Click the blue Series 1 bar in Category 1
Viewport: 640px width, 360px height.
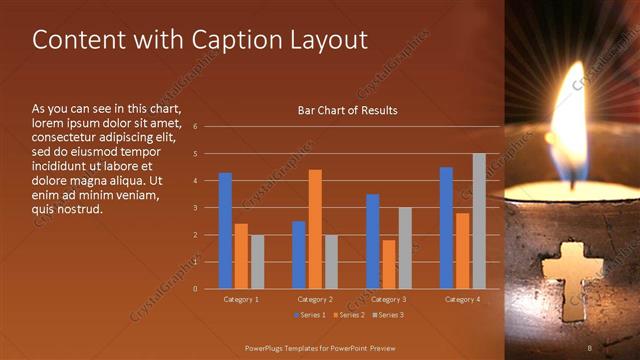click(225, 231)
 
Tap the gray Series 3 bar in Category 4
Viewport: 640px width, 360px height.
click(479, 221)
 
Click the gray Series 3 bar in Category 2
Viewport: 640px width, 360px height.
click(331, 262)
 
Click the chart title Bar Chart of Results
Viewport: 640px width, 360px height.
click(347, 110)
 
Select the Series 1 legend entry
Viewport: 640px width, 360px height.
click(313, 315)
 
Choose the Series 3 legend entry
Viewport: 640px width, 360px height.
click(389, 315)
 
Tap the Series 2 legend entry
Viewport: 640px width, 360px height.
click(351, 315)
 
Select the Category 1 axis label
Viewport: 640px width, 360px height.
click(241, 299)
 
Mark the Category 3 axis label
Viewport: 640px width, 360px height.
click(389, 299)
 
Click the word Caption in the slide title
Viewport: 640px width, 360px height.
click(235, 40)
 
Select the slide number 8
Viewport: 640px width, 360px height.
click(590, 347)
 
